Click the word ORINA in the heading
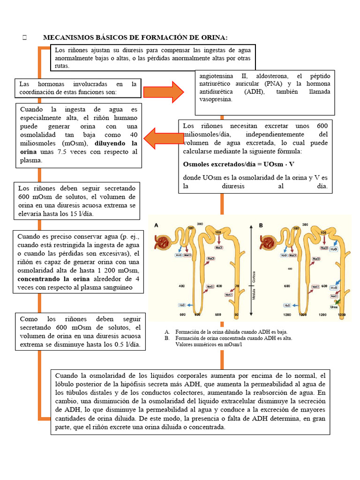coord(213,37)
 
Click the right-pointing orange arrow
coord(164,91)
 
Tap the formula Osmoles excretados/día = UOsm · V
coord(239,165)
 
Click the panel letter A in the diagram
coord(157,225)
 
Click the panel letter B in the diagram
coord(261,225)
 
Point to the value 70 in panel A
coord(237,285)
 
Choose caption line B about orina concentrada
coord(233,338)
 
